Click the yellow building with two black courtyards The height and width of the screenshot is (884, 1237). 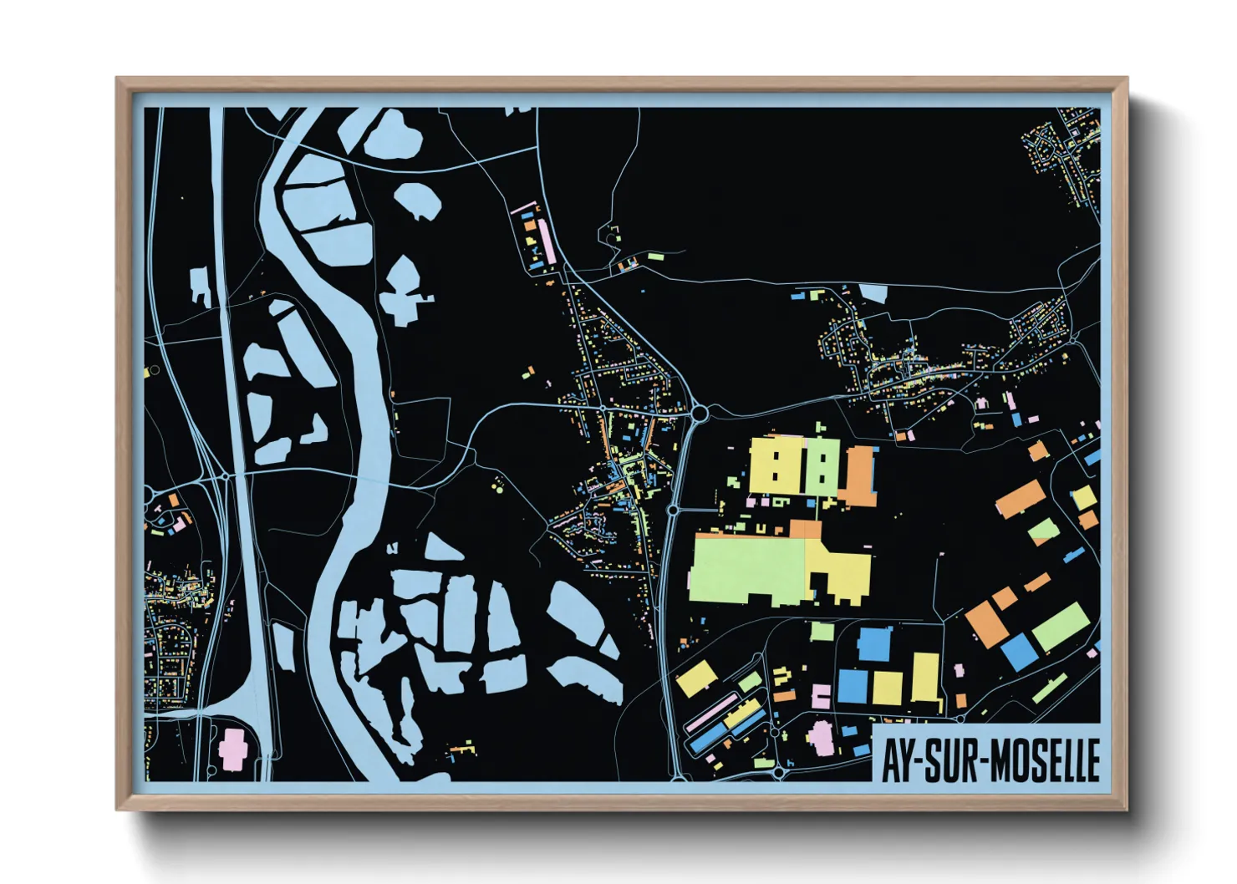[776, 466]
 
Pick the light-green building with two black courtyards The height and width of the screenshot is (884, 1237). [822, 466]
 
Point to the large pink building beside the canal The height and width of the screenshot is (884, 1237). [232, 749]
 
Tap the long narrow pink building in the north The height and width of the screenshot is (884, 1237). [545, 240]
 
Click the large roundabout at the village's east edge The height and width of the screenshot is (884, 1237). [700, 413]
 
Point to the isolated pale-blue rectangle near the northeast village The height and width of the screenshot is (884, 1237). [873, 292]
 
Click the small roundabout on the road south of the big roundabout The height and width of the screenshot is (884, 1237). [672, 509]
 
